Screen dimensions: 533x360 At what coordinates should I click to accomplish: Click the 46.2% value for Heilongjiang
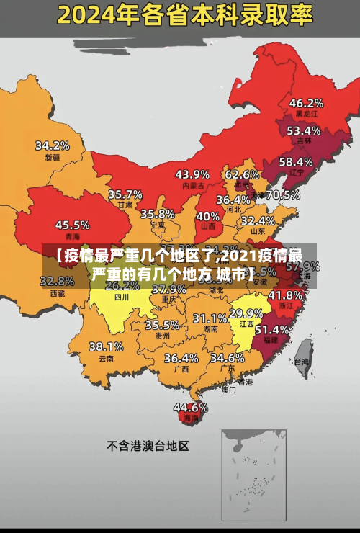306,103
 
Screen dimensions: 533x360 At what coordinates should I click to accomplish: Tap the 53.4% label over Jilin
303,131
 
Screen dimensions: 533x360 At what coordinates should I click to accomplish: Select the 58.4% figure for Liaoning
296,162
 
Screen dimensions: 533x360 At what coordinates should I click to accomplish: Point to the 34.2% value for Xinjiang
53,145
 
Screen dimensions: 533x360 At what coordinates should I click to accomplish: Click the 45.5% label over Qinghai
73,225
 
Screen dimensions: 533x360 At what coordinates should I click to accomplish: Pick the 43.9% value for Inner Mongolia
192,174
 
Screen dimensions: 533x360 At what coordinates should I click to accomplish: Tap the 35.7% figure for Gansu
125,194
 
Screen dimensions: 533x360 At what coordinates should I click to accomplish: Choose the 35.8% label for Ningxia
158,214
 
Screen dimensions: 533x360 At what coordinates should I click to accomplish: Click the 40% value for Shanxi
208,216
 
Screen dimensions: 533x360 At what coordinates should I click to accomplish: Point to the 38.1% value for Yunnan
106,346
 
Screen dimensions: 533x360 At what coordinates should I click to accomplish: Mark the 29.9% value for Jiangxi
246,313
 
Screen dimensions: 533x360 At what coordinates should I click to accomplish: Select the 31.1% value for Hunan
210,318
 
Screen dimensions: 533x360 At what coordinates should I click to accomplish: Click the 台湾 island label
301,362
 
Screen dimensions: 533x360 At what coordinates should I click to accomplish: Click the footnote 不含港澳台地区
148,446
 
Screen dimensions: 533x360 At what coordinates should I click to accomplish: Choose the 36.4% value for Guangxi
181,358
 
